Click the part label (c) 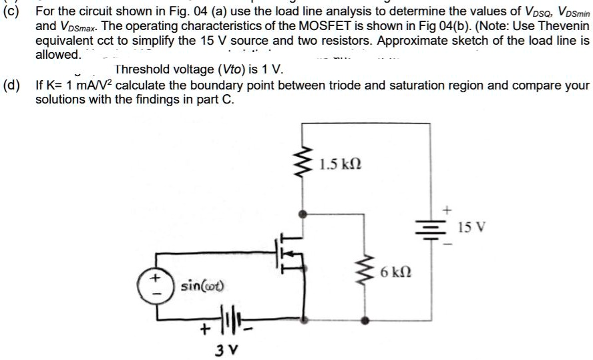pos(11,11)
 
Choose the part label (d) pos(11,85)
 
